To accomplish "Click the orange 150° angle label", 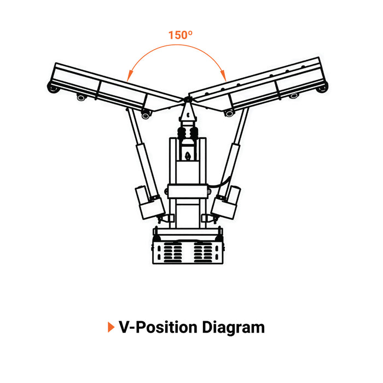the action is click(x=180, y=35).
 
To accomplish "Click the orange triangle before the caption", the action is click(x=111, y=327).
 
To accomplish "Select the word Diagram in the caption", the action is click(x=234, y=328).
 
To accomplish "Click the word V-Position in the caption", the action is click(x=158, y=327).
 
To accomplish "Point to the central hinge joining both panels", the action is click(x=187, y=100).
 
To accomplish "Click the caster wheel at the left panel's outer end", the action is click(x=54, y=88).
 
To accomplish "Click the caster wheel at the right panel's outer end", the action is click(x=322, y=87).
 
